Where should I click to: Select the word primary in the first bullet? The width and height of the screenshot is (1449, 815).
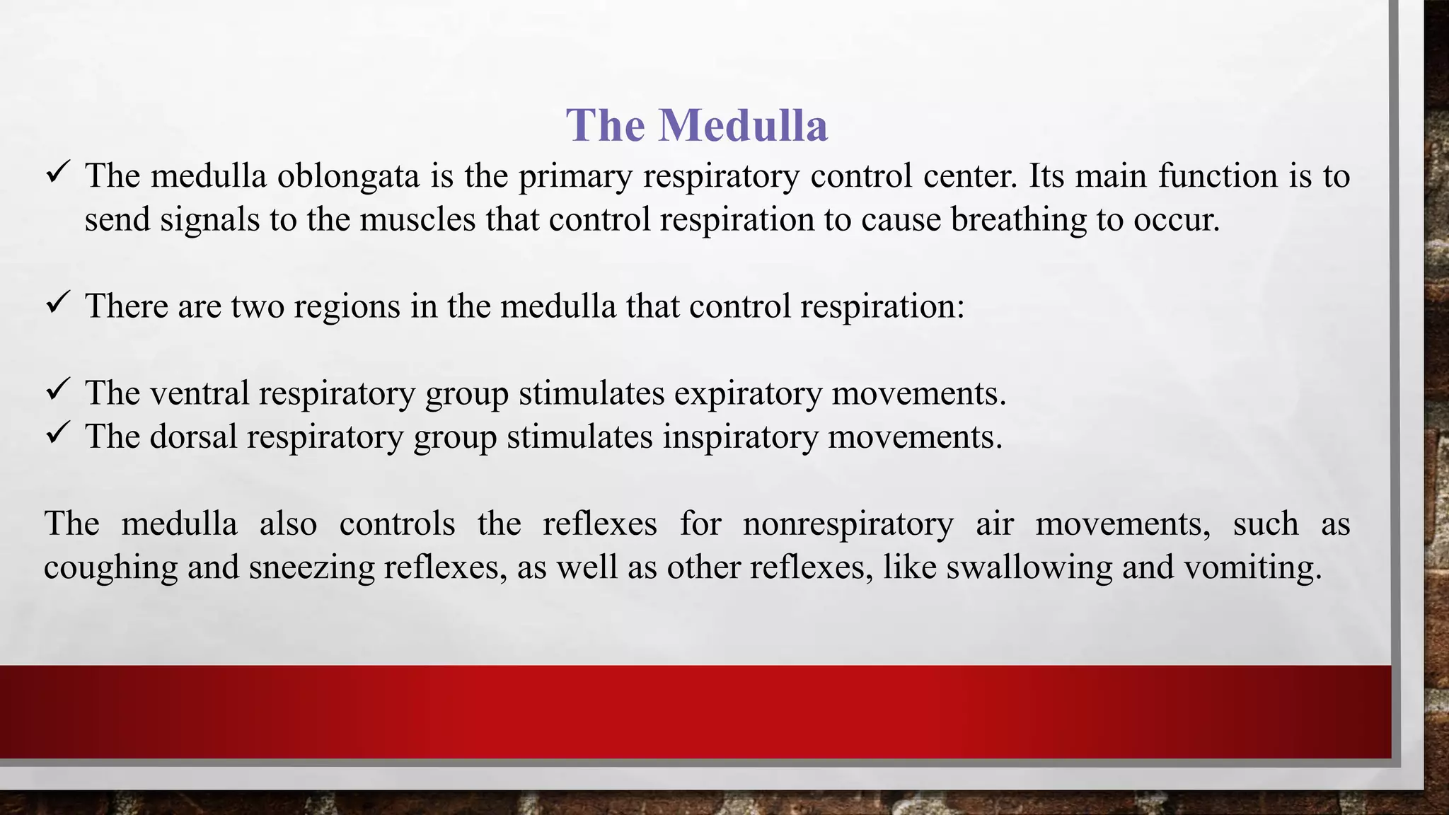click(x=575, y=176)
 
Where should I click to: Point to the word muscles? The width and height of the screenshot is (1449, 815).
click(x=417, y=219)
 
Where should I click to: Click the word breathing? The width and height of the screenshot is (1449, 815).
click(x=1018, y=219)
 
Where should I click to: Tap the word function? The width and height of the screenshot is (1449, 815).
click(x=1217, y=176)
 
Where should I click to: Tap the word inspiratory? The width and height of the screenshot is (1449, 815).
click(x=740, y=437)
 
